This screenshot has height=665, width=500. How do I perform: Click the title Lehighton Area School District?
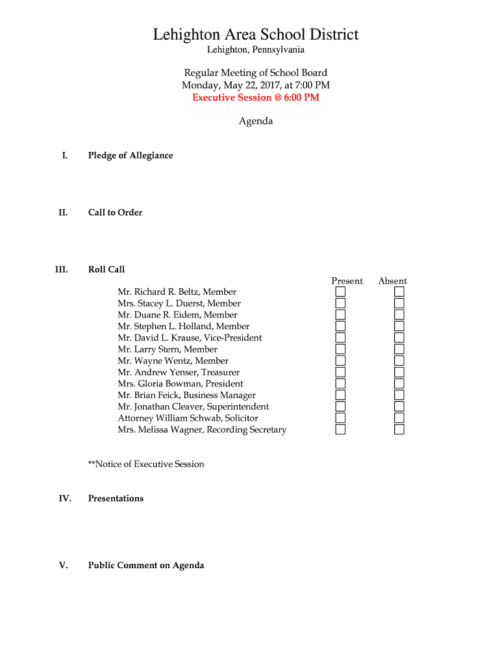[255, 34]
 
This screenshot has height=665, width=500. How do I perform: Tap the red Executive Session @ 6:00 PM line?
[255, 97]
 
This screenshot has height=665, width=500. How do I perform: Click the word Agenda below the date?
[256, 121]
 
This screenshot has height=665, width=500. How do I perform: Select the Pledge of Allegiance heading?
[131, 156]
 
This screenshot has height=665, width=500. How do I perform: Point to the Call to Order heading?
[115, 213]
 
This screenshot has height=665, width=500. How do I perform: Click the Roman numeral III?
[62, 270]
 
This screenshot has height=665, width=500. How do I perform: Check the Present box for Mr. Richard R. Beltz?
[340, 292]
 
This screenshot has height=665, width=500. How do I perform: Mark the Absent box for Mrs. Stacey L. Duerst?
[399, 303]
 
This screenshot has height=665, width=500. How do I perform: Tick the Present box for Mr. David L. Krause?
[340, 338]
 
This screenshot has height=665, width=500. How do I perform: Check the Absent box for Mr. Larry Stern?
[399, 349]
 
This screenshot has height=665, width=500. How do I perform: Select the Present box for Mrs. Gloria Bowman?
[340, 384]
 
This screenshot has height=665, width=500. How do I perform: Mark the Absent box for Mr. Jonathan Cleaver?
[399, 407]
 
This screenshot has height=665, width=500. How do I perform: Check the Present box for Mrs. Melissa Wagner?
[340, 430]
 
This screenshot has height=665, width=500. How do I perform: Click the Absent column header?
[392, 281]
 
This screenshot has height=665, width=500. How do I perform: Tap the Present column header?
[347, 281]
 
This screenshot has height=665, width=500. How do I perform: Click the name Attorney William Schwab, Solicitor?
[188, 418]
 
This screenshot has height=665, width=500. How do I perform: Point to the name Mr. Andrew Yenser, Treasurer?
[179, 372]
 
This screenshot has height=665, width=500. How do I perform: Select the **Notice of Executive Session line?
[146, 464]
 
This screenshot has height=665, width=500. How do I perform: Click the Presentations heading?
[116, 499]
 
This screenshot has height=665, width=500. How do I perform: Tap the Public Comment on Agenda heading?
[146, 566]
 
